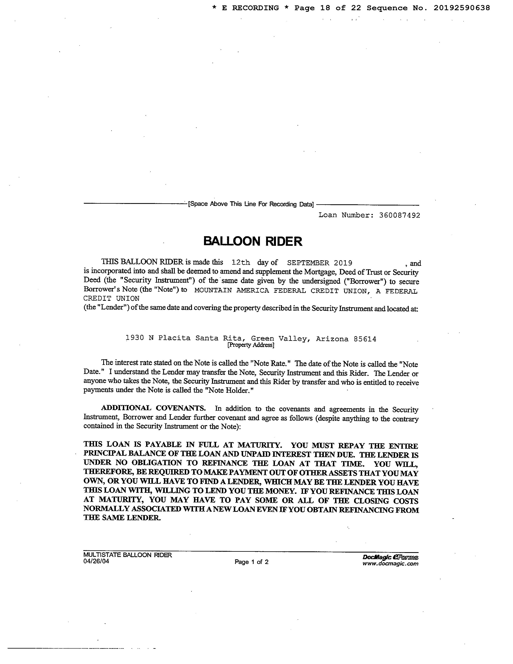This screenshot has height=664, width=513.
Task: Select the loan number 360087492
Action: [x=400, y=215]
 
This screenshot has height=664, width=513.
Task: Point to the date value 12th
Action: [x=241, y=262]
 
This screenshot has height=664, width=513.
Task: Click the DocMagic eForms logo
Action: [x=390, y=557]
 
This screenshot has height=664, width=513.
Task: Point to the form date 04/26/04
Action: [x=96, y=561]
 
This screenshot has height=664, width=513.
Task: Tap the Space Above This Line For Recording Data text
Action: [x=251, y=204]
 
